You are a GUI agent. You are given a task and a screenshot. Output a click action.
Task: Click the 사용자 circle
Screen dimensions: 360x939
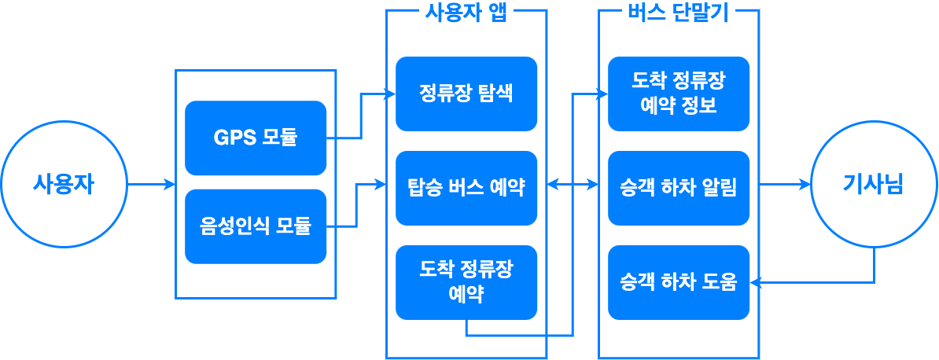64,185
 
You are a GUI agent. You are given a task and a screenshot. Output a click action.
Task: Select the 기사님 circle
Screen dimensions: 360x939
873,185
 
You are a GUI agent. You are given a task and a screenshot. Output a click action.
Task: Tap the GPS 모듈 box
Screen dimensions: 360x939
256,138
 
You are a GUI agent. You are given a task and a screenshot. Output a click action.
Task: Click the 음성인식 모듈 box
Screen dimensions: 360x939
256,226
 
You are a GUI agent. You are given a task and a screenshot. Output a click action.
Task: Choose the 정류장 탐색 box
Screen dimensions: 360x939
466,94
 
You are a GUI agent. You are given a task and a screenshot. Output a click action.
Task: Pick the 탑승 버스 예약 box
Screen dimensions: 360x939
466,188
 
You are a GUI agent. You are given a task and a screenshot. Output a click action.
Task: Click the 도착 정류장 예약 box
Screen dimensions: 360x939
466,282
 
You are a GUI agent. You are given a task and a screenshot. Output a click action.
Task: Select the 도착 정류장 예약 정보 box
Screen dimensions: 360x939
679,94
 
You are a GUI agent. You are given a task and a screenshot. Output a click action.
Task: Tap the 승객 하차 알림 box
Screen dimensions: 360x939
679,188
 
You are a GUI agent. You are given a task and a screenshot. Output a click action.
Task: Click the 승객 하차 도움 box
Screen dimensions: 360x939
679,282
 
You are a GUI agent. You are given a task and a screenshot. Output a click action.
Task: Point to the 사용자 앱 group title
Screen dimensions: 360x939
466,12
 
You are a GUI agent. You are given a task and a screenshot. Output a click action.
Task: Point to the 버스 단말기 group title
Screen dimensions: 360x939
678,12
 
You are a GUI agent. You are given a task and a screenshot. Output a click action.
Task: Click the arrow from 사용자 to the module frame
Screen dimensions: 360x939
151,185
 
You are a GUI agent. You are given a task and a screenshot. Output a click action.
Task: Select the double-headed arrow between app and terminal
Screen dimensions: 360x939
573,185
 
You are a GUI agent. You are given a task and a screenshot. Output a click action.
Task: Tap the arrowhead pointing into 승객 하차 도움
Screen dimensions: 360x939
754,282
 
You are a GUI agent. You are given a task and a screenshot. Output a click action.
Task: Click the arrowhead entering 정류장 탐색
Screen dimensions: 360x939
390,94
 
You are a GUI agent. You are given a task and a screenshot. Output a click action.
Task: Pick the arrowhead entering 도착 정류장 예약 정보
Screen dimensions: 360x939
603,94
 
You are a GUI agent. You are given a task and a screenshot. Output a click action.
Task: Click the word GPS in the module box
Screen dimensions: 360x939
234,138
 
